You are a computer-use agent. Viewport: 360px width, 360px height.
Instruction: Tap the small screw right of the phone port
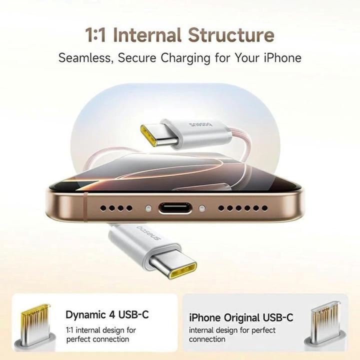click(202, 207)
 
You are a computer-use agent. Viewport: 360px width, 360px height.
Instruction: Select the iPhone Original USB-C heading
click(241, 317)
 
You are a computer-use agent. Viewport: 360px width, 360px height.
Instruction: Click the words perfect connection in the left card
click(97, 339)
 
